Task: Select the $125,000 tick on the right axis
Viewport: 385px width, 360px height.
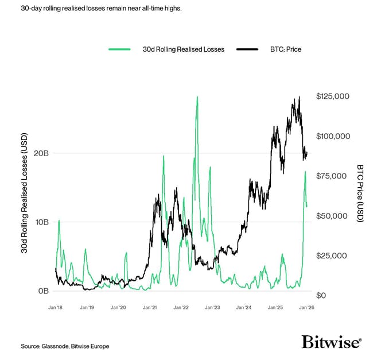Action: coord(333,97)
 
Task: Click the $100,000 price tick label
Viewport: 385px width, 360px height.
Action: coord(333,137)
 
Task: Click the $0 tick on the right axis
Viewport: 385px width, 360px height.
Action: coord(321,295)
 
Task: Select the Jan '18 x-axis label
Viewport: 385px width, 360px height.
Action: coord(56,308)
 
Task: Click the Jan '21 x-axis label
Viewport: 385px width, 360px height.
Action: coord(150,308)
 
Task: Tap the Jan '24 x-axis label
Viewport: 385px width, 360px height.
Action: coord(244,308)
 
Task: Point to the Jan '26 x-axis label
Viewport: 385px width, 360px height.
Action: coord(306,308)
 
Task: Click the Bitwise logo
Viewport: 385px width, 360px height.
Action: coord(331,342)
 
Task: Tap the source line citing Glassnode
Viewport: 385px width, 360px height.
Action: coord(65,346)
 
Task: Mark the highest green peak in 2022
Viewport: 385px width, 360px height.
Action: coord(197,97)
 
